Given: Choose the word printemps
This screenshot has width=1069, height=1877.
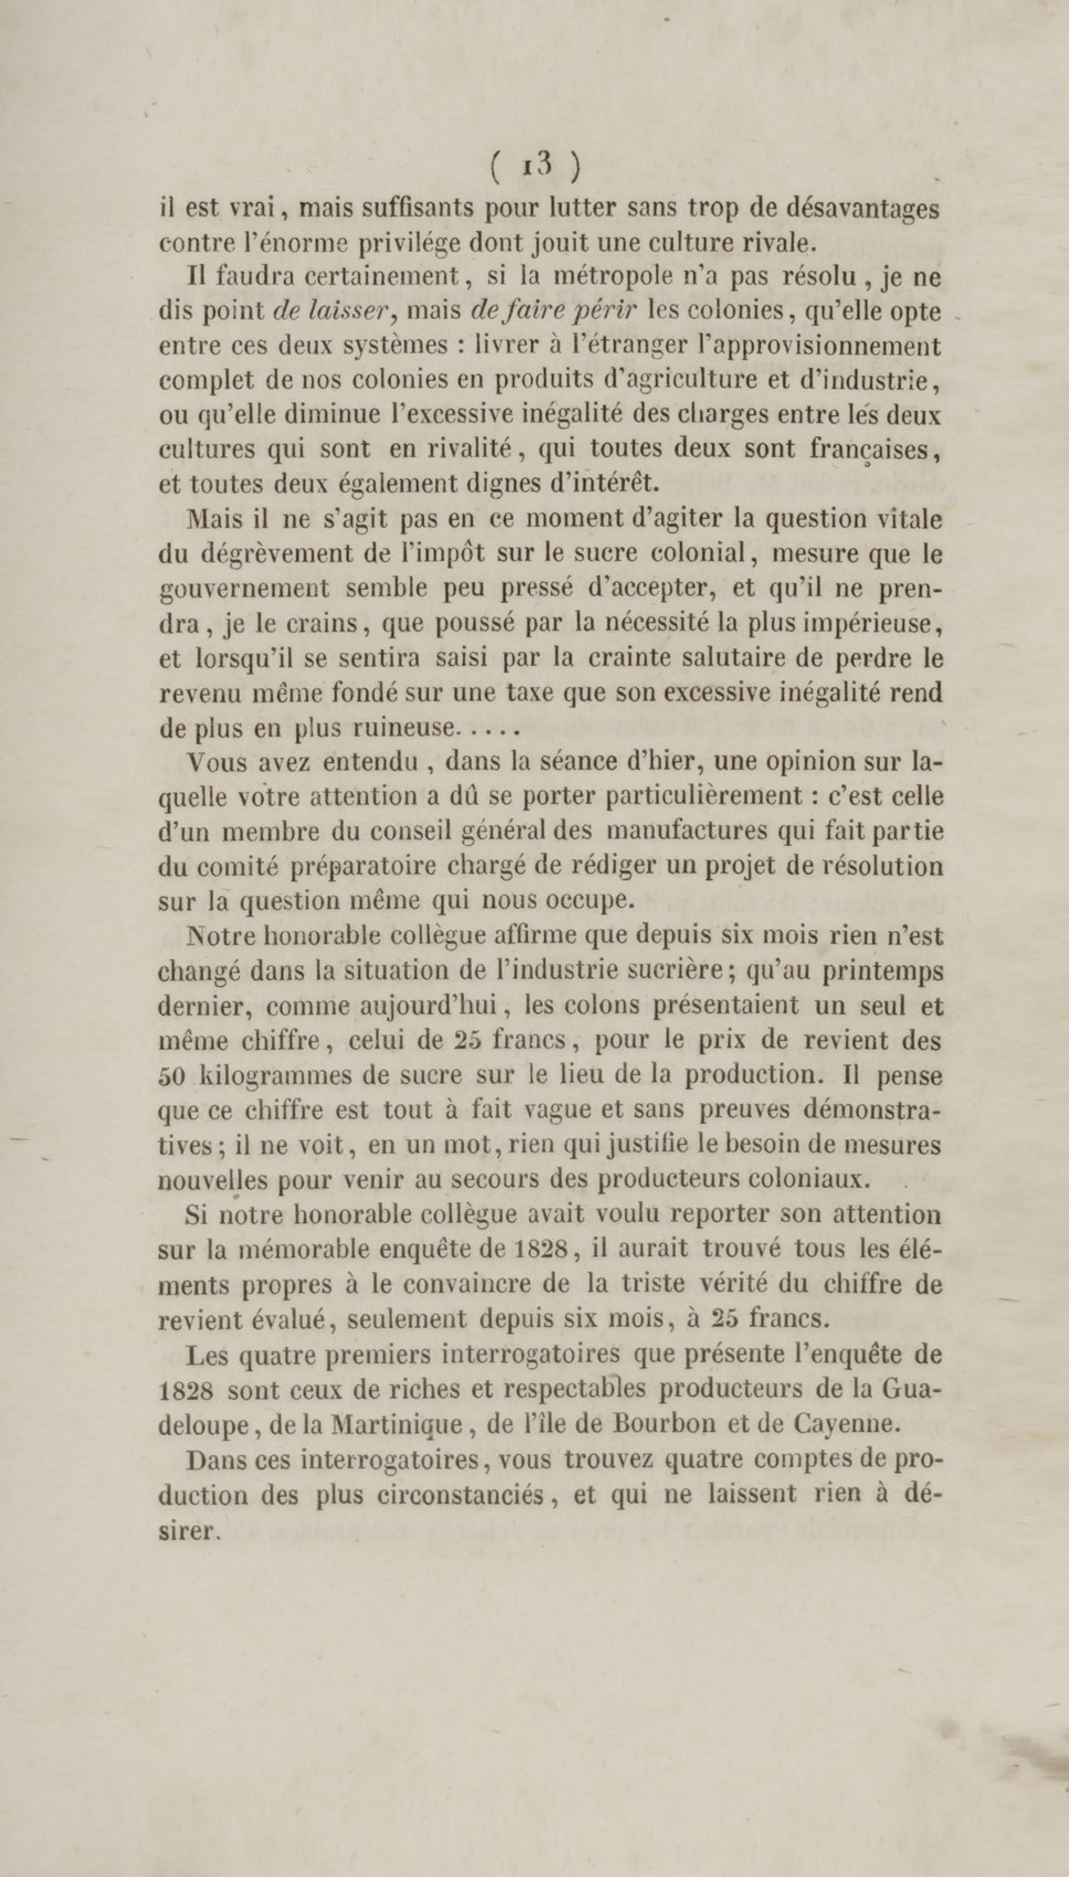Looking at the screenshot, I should pyautogui.click(x=882, y=971).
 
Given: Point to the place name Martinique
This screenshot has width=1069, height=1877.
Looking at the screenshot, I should pyautogui.click(x=397, y=1424).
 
